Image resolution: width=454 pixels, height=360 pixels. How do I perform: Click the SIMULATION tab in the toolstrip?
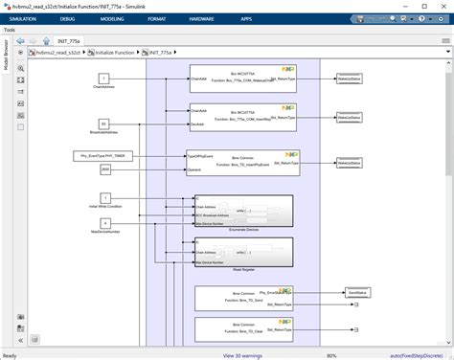pos(23,17)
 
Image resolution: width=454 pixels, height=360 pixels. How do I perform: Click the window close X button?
pos(441,5)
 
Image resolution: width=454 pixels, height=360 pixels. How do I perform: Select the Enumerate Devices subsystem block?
pos(240,211)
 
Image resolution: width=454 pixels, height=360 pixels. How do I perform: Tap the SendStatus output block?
pos(355,293)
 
